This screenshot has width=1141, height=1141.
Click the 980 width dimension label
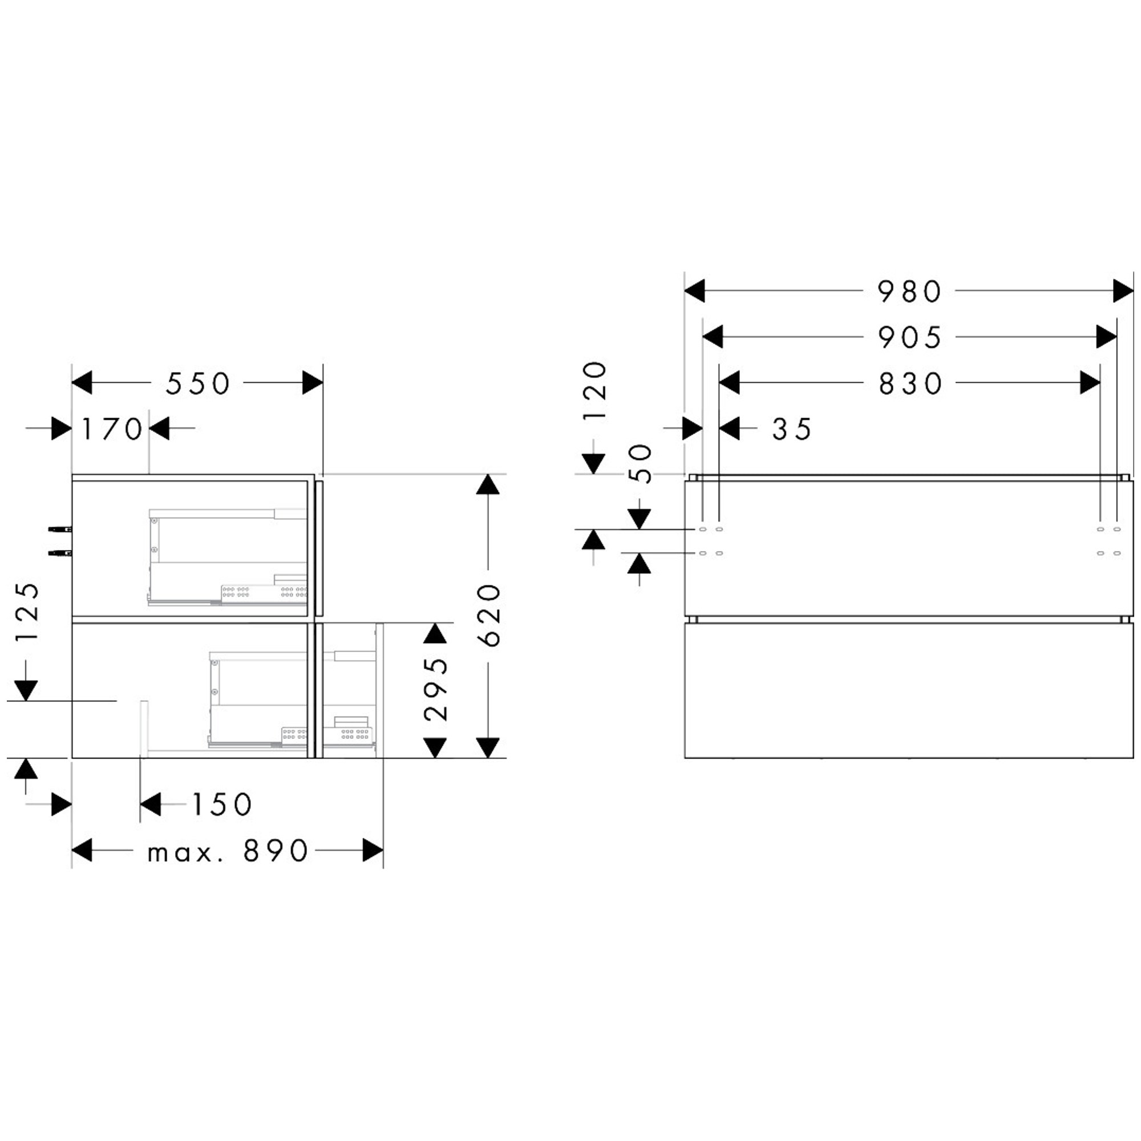[909, 291]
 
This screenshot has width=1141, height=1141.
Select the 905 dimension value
[909, 338]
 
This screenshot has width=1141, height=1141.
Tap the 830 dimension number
[910, 384]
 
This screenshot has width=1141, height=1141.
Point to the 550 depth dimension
[197, 384]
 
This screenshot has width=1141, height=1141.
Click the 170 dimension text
[112, 430]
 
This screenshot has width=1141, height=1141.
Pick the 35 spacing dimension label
[792, 430]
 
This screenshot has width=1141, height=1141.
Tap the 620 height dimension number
[488, 615]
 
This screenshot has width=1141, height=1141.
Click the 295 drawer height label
[436, 689]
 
